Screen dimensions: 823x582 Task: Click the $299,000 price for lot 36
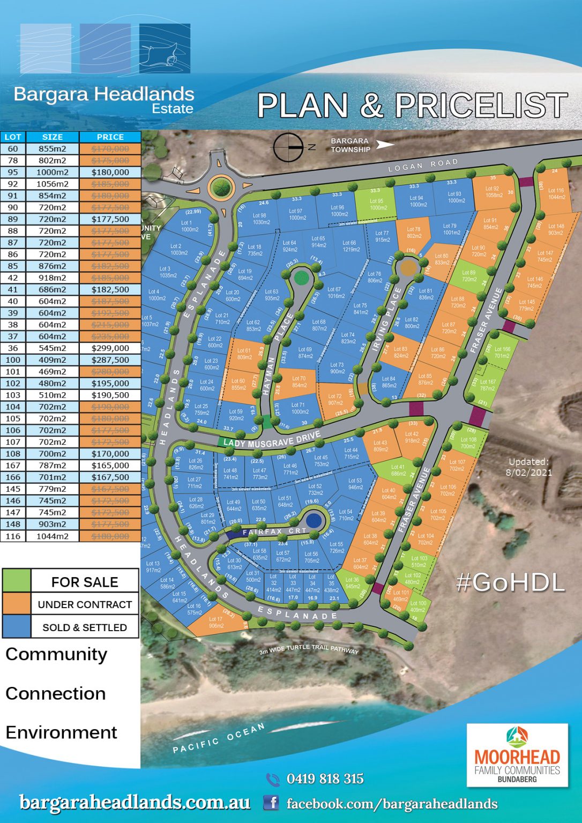click(x=110, y=348)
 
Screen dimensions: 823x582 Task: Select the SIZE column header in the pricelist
click(x=53, y=137)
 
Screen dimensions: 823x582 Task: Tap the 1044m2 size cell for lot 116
click(x=53, y=536)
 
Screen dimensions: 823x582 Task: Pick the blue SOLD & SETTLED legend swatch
click(x=17, y=626)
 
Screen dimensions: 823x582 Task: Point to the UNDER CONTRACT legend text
click(x=85, y=604)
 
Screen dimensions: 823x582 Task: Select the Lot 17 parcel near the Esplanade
click(x=217, y=622)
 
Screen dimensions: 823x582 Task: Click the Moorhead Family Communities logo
click(x=517, y=755)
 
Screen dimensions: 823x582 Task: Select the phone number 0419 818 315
click(x=325, y=779)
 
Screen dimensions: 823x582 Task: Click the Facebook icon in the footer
click(x=272, y=803)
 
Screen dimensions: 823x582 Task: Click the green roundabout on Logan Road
click(x=221, y=188)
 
